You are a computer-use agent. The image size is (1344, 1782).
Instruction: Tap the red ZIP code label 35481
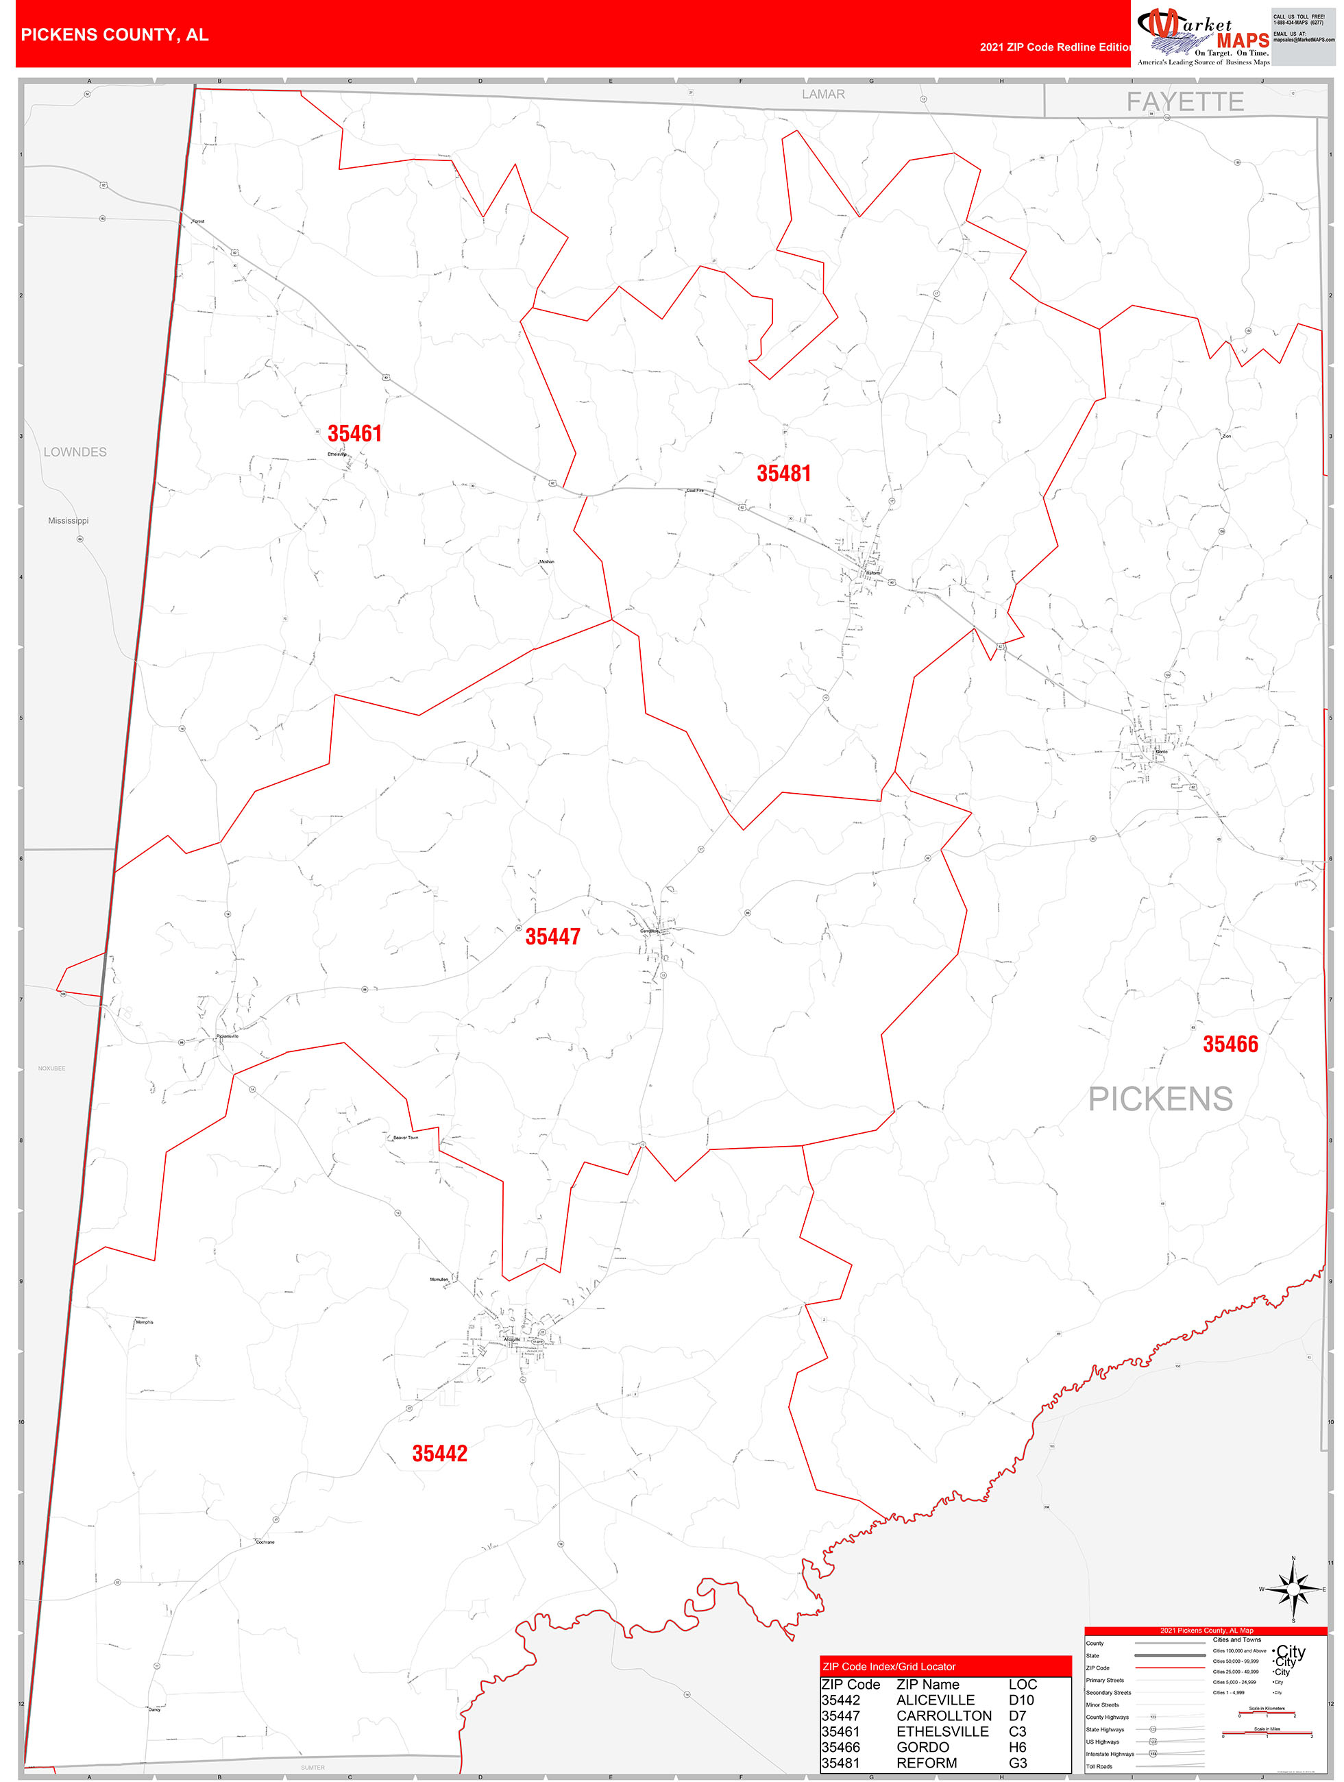pos(783,474)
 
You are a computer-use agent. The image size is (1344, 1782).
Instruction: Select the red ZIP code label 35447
pos(553,937)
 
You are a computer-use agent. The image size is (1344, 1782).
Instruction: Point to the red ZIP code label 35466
pos(1230,1044)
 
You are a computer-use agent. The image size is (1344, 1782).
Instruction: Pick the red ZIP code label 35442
pos(440,1452)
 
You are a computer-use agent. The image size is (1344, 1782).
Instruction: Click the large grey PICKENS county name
pos(1160,1099)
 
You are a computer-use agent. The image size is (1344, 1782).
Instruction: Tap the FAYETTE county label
pos(1184,102)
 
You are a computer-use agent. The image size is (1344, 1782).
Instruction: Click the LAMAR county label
pos(822,95)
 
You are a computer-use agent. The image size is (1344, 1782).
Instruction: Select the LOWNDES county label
pos(75,452)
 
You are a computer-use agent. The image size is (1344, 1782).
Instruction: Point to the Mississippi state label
pos(69,520)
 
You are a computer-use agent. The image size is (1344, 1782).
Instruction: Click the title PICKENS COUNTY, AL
pos(114,35)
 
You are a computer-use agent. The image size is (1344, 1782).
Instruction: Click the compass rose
pos(1293,1589)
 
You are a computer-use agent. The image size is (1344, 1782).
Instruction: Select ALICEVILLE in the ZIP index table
pos(935,1700)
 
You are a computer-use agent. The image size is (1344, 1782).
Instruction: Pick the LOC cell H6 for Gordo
pos(1017,1746)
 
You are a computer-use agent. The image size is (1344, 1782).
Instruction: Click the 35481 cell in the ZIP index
pos(840,1763)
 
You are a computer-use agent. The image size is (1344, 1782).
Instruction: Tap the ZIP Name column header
pos(927,1685)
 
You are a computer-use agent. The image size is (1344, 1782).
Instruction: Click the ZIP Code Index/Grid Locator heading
pos(889,1666)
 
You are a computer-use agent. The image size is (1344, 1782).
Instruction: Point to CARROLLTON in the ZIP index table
pos(944,1715)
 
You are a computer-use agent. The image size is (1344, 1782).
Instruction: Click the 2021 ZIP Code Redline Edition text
pos(1055,47)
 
